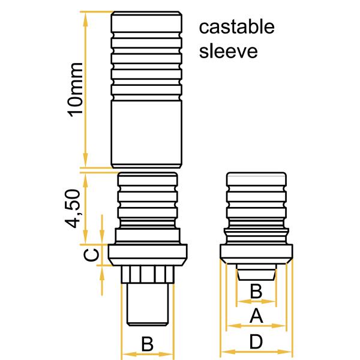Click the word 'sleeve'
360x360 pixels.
(x=228, y=50)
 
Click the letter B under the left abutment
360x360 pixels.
(x=147, y=344)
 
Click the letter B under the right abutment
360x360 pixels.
(x=256, y=292)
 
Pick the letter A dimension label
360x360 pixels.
(x=256, y=314)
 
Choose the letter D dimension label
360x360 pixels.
(x=256, y=342)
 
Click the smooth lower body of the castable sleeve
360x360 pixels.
(x=147, y=132)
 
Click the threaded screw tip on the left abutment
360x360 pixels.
(x=147, y=303)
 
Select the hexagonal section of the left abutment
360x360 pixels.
(x=147, y=274)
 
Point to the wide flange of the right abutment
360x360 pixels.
(x=256, y=254)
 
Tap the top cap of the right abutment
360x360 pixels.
(x=256, y=179)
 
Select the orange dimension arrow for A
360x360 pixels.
(x=240, y=326)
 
